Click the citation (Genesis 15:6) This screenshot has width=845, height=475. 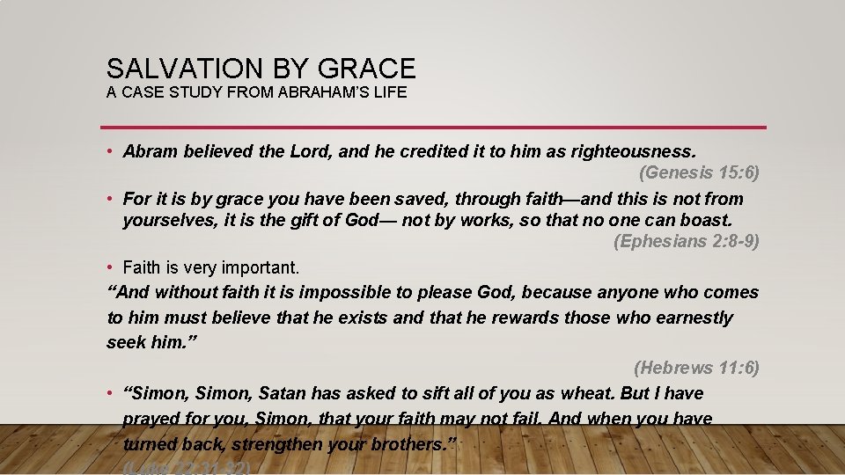(x=699, y=172)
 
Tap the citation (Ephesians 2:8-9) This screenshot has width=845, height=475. (x=686, y=241)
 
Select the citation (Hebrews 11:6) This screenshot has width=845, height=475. (x=696, y=368)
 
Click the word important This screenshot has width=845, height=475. (x=259, y=267)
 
